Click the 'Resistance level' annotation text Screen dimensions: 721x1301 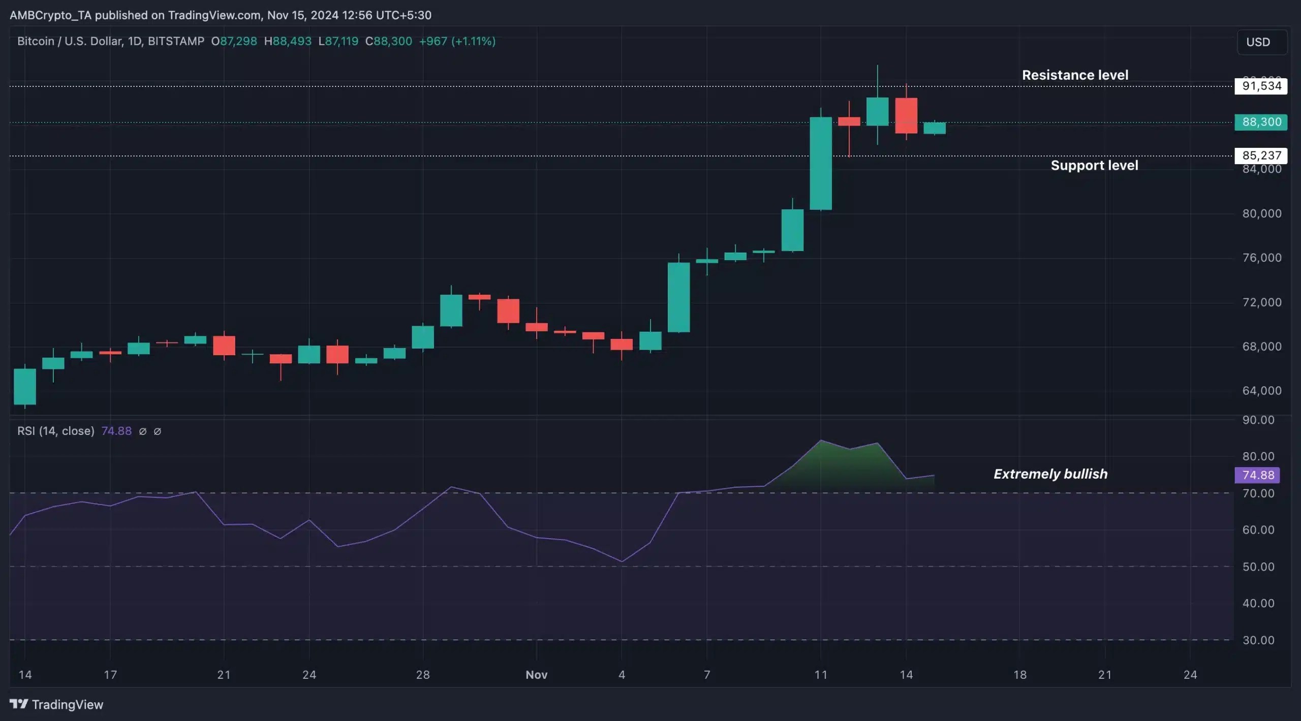point(1075,75)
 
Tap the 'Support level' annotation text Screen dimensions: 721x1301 point(1094,166)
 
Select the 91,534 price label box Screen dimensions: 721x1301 point(1261,86)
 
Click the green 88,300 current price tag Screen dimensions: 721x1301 point(1261,122)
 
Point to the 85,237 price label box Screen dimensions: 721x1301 point(1261,155)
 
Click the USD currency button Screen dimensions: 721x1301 point(1258,42)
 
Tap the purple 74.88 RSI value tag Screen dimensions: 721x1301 point(1258,475)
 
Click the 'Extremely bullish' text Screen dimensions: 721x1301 point(1050,474)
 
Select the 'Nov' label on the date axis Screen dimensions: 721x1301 point(536,675)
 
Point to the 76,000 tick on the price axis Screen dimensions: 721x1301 point(1262,258)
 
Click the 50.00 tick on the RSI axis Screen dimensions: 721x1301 point(1258,567)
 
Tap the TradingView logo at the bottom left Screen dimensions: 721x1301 point(56,704)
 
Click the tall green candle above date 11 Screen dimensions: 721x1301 point(821,164)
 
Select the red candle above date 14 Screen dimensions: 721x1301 point(906,116)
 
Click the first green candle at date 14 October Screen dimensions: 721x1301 point(25,387)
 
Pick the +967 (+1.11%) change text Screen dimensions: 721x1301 point(457,41)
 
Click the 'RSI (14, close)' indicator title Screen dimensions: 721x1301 point(56,431)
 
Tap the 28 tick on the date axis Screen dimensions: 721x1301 point(423,675)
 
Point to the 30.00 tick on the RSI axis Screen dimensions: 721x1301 point(1258,640)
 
